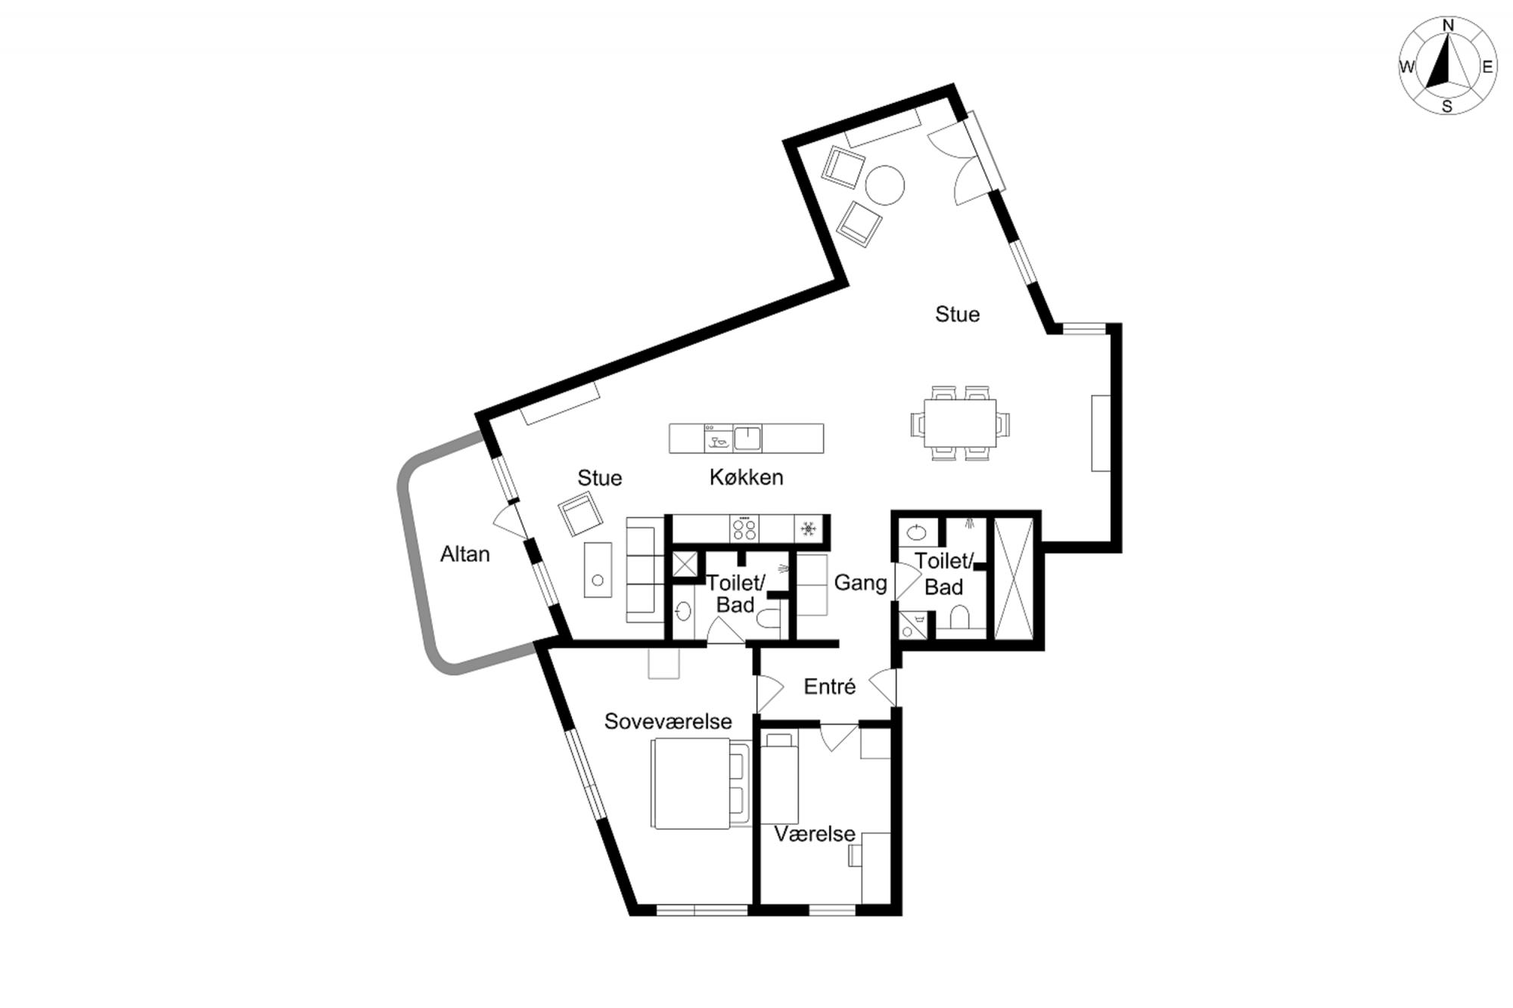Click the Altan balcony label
465,554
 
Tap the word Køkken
746,477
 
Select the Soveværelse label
668,721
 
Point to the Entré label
830,687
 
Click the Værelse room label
815,834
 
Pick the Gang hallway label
861,583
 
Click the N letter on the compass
1448,26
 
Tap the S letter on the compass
1447,107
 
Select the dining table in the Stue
960,423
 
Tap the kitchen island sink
747,439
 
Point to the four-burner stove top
744,529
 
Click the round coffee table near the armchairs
884,185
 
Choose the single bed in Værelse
780,777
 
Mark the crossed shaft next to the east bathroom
1013,579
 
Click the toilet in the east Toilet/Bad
960,617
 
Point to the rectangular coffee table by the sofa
598,569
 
